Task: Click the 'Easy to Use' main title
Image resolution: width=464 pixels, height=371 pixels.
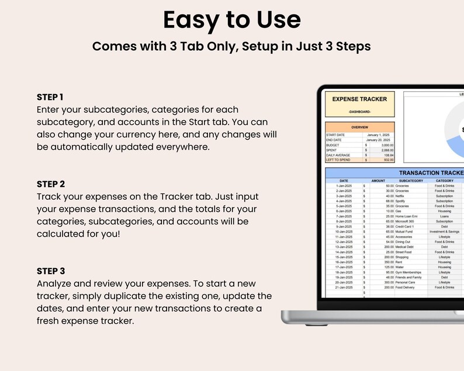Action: coord(231,20)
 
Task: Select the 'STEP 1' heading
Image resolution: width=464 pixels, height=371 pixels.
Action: coord(50,97)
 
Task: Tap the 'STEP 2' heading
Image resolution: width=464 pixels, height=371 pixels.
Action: coord(50,184)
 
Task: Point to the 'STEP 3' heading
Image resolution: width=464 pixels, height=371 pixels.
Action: coord(50,271)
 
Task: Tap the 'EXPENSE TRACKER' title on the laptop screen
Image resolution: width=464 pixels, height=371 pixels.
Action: coord(359,99)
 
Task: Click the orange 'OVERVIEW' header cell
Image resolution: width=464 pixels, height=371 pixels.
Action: coord(359,127)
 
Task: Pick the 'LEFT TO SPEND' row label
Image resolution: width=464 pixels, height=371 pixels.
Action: coord(340,160)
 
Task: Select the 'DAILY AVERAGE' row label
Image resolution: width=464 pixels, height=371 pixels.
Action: coord(340,155)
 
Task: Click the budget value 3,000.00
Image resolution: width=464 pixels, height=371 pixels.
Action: coord(385,144)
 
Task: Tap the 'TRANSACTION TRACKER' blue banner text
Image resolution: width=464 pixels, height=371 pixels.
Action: coord(430,174)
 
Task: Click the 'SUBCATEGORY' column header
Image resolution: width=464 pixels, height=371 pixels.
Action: coord(411,181)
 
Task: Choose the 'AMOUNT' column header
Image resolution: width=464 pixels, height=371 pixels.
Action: coord(378,181)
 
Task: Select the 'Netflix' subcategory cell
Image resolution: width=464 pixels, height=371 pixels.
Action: coord(403,196)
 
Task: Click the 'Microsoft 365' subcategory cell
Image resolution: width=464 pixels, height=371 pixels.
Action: coord(407,221)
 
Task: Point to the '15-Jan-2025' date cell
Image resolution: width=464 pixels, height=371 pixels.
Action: coord(344,257)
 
